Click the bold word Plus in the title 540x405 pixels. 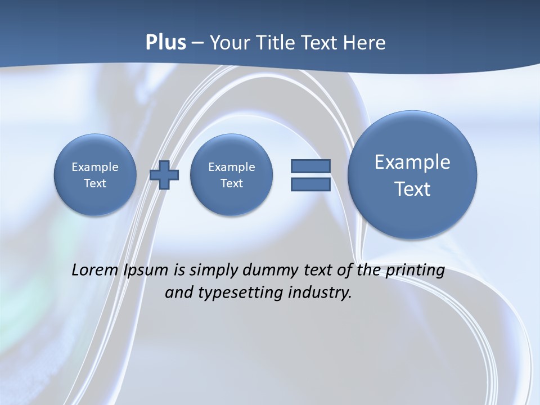click(165, 43)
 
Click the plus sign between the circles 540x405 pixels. click(164, 175)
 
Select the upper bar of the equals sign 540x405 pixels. click(310, 166)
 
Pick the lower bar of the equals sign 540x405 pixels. click(310, 184)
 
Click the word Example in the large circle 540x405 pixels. click(412, 162)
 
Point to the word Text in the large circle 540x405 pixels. click(412, 189)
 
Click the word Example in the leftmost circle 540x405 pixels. click(95, 167)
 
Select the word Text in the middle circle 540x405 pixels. click(232, 183)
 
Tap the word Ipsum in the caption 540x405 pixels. click(146, 271)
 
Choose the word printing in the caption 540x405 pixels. click(416, 271)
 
